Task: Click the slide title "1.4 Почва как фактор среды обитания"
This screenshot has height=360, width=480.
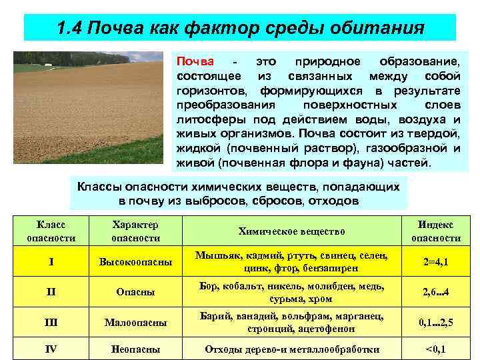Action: point(240,28)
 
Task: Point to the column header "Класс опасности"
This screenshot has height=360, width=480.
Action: point(51,231)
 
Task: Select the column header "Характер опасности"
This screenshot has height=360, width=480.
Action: point(135,231)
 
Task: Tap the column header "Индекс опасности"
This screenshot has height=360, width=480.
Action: point(436,231)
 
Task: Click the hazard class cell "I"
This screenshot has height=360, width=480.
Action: point(51,262)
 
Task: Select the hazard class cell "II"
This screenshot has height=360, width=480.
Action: point(51,292)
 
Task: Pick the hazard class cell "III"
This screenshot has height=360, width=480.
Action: point(51,323)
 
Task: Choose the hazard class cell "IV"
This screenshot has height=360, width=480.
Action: point(51,349)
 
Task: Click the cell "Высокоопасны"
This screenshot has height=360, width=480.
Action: point(135,262)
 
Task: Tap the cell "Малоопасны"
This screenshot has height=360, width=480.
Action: point(135,323)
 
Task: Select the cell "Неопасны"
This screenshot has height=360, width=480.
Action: point(135,349)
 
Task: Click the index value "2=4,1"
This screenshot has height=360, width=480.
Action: point(436,262)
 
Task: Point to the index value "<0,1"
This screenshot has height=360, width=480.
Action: point(436,349)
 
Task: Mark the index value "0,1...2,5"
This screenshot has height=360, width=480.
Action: point(436,323)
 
